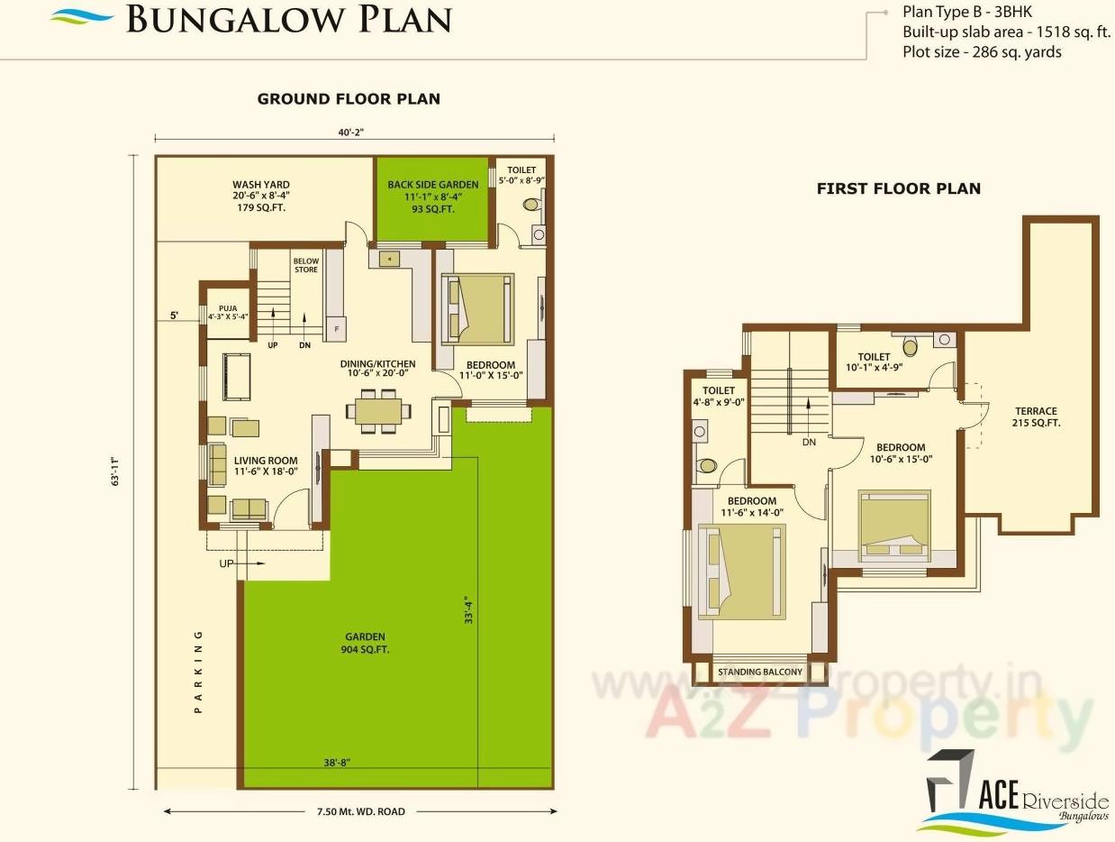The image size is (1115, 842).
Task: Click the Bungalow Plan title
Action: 288,19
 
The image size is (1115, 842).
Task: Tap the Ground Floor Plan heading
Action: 349,99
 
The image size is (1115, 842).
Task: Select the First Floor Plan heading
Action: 898,188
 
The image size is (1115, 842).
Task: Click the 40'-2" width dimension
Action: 351,132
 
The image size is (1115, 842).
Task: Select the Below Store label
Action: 306,265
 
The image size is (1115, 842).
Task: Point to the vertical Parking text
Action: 199,673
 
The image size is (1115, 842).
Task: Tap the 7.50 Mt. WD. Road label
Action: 360,811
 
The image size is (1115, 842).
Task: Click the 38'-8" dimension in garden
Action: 337,763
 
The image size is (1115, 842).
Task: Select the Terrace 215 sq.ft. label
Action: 1035,416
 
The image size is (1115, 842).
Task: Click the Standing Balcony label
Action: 759,672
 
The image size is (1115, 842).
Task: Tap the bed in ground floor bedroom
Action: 478,308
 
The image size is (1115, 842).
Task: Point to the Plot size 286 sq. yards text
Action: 982,52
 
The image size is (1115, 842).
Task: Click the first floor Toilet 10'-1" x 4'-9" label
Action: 874,362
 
